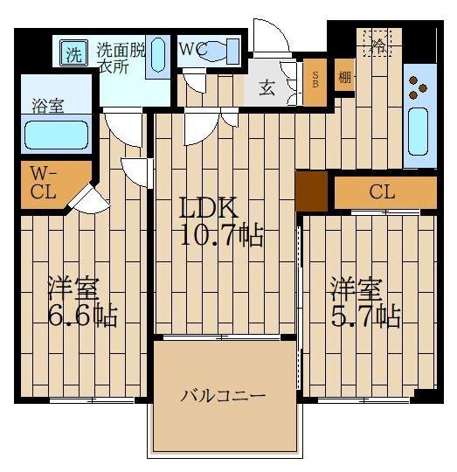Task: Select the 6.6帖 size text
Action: click(82, 314)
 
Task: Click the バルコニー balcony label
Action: click(223, 396)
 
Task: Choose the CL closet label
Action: click(382, 192)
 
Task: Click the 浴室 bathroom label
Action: click(49, 106)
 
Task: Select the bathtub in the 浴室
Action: click(56, 135)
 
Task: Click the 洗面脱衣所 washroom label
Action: click(121, 58)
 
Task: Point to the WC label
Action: click(192, 50)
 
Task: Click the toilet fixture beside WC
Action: click(222, 51)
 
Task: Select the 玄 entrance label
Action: click(267, 87)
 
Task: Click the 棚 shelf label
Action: click(345, 78)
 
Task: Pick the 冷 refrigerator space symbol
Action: click(378, 43)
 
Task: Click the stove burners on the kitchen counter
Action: click(419, 86)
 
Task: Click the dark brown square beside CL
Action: click(311, 191)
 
